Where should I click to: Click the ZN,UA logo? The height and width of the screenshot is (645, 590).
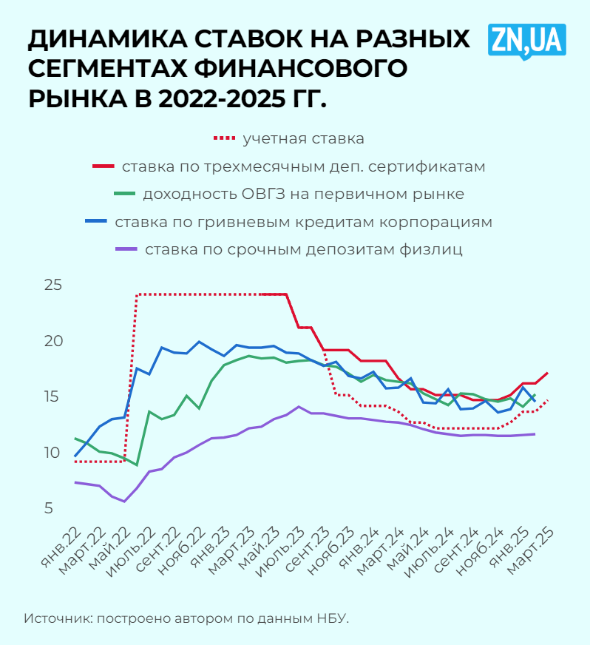point(526,40)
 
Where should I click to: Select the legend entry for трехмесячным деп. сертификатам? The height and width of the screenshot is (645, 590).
point(303,166)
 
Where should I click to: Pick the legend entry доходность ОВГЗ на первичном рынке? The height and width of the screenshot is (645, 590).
point(303,195)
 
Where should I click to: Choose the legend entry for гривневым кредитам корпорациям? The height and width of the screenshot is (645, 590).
point(303,222)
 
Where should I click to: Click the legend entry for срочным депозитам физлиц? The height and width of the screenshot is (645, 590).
point(303,249)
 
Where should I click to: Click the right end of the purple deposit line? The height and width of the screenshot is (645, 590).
point(535,434)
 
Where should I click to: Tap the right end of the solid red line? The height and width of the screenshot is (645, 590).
point(547,373)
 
